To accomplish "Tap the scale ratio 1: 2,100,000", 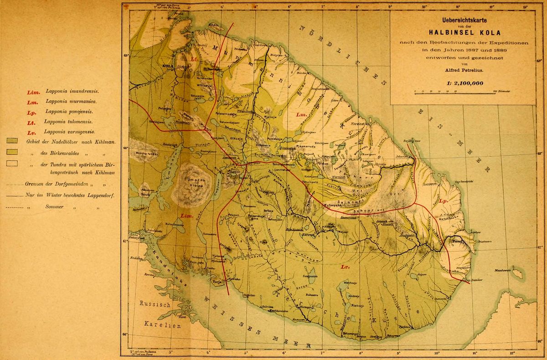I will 461,83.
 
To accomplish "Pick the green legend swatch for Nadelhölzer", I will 12,142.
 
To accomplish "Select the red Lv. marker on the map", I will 344,267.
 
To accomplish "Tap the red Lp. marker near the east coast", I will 443,201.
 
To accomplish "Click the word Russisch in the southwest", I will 155,303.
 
